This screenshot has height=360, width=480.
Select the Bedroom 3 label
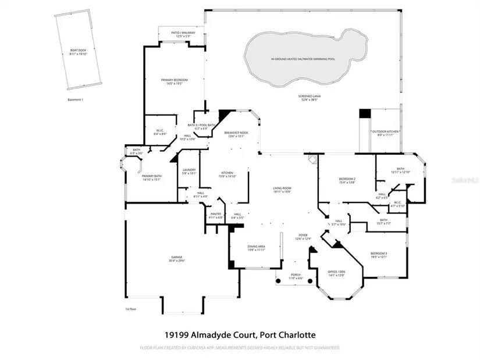pos(379,255)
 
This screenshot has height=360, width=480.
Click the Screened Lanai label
pos(311,98)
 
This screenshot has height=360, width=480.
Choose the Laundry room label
pos(189,171)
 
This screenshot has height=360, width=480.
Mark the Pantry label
pos(216,215)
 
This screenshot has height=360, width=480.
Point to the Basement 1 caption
pos(76,99)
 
